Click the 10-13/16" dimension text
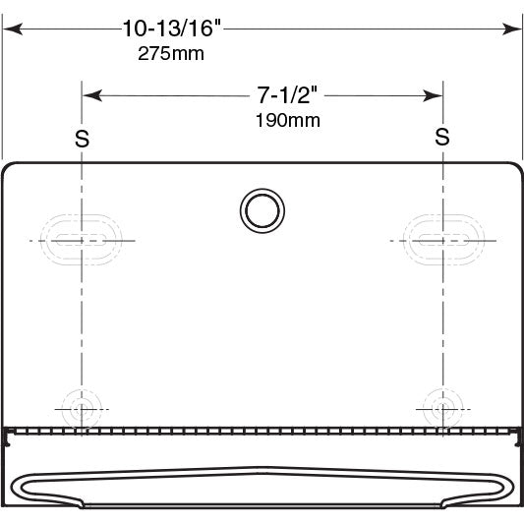(x=172, y=29)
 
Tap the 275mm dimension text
(x=171, y=53)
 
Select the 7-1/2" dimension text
(x=287, y=95)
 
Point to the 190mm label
(x=288, y=120)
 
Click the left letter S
(x=83, y=139)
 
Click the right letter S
(x=442, y=137)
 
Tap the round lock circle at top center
(x=262, y=210)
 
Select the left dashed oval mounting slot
(x=82, y=240)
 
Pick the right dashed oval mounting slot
(x=443, y=240)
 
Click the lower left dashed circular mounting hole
(x=82, y=409)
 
